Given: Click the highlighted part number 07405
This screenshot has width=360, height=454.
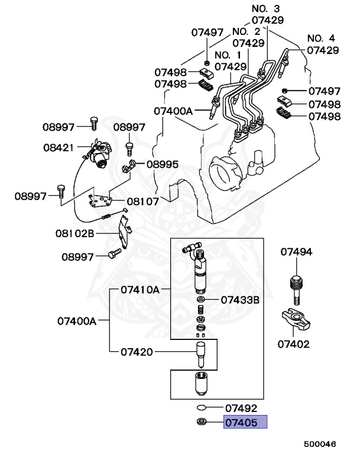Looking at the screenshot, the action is pyautogui.click(x=241, y=423).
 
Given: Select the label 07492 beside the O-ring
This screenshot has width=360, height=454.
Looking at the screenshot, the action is pyautogui.click(x=241, y=408).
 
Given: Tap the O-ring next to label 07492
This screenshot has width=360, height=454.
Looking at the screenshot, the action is pyautogui.click(x=202, y=408).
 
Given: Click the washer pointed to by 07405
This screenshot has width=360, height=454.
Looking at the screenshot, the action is pyautogui.click(x=202, y=421).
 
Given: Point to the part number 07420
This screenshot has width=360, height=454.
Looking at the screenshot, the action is pyautogui.click(x=137, y=352).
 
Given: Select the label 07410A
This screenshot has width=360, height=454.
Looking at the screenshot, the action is pyautogui.click(x=140, y=290).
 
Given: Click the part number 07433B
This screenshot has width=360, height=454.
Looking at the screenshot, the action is pyautogui.click(x=240, y=300).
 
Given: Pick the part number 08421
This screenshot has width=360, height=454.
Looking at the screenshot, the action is pyautogui.click(x=59, y=148).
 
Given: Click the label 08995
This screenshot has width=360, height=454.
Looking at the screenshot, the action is pyautogui.click(x=163, y=164).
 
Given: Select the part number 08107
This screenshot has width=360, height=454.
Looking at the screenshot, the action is pyautogui.click(x=143, y=201).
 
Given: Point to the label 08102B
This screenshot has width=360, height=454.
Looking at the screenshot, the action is pyautogui.click(x=74, y=233).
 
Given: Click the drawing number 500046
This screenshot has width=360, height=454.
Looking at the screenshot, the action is pyautogui.click(x=320, y=444).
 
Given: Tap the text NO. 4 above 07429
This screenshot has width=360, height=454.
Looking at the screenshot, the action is pyautogui.click(x=321, y=38).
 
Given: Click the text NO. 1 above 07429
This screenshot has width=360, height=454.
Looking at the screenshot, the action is pyautogui.click(x=228, y=55).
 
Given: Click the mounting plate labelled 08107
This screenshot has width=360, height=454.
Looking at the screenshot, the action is pyautogui.click(x=100, y=201).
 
